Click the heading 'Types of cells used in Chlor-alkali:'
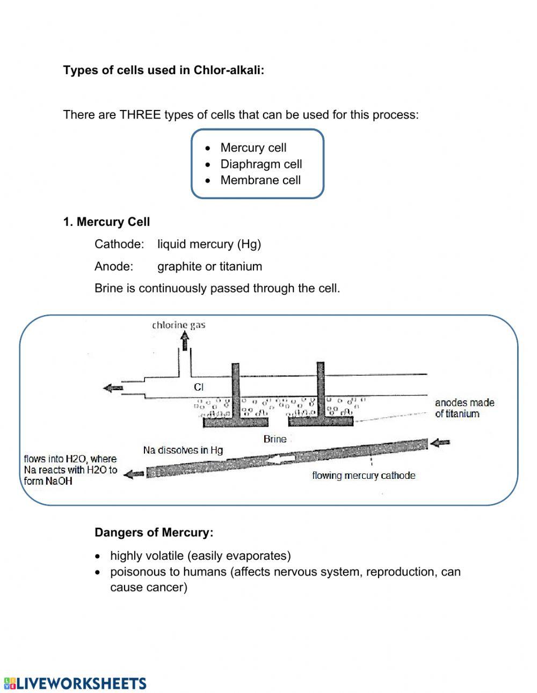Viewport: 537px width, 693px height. tap(164, 70)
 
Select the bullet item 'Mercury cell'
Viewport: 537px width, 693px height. tap(253, 148)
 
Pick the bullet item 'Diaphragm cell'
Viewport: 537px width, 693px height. tap(261, 164)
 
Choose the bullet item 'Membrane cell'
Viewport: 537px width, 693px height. tap(260, 180)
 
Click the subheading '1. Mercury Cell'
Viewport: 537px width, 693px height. tap(106, 222)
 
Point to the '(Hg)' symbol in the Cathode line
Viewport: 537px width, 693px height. tap(249, 244)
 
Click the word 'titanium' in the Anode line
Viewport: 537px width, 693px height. tap(241, 266)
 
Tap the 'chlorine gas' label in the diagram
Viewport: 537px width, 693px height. tap(178, 325)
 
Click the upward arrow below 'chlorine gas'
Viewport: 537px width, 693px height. tap(185, 340)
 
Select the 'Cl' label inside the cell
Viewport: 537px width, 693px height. tap(199, 386)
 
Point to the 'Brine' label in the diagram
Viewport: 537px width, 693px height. tap(275, 439)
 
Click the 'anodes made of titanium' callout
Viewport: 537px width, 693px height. tap(465, 408)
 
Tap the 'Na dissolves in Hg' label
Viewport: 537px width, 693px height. tap(183, 450)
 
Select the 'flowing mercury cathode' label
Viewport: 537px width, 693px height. tap(364, 476)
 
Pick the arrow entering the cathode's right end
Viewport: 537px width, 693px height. tap(441, 443)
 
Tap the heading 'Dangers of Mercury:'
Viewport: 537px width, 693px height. tap(154, 532)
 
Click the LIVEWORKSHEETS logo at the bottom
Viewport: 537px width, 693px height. tap(75, 683)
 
